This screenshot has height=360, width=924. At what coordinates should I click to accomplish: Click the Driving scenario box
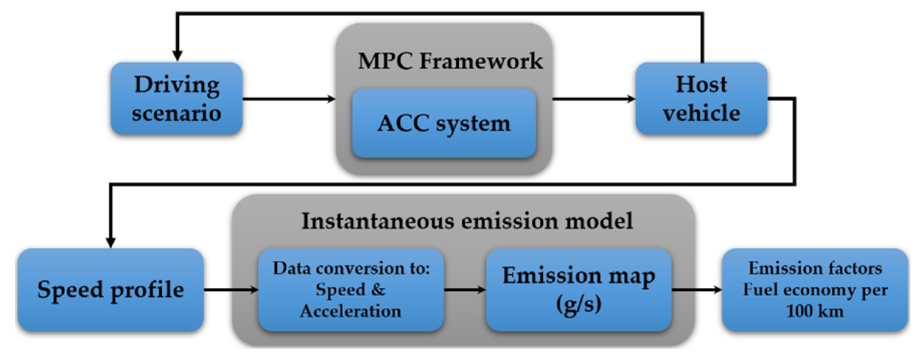176,98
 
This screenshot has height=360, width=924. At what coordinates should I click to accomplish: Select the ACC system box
444,123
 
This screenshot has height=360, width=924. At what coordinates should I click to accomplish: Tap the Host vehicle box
701,98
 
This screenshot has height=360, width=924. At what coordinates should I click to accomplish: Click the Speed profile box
111,290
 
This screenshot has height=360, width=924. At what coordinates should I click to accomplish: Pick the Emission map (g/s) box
578,290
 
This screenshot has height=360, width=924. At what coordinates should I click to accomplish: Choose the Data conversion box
351,290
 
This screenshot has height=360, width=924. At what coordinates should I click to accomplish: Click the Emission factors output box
815,290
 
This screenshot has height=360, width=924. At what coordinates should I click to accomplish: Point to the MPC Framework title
450,61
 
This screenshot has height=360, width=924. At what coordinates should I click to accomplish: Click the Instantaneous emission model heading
467,221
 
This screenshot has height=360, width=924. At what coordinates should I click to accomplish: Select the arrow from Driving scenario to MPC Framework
289,99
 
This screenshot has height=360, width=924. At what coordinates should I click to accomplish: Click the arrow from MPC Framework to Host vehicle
593,99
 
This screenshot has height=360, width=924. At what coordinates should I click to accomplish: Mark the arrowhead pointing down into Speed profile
111,242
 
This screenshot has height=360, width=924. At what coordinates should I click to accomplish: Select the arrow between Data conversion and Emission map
465,290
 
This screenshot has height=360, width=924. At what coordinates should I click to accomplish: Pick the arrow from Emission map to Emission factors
696,290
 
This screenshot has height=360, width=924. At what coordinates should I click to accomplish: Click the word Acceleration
350,311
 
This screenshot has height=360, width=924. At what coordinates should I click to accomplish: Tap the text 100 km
815,311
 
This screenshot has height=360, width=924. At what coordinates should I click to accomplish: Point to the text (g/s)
578,304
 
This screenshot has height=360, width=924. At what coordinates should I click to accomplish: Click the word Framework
481,61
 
